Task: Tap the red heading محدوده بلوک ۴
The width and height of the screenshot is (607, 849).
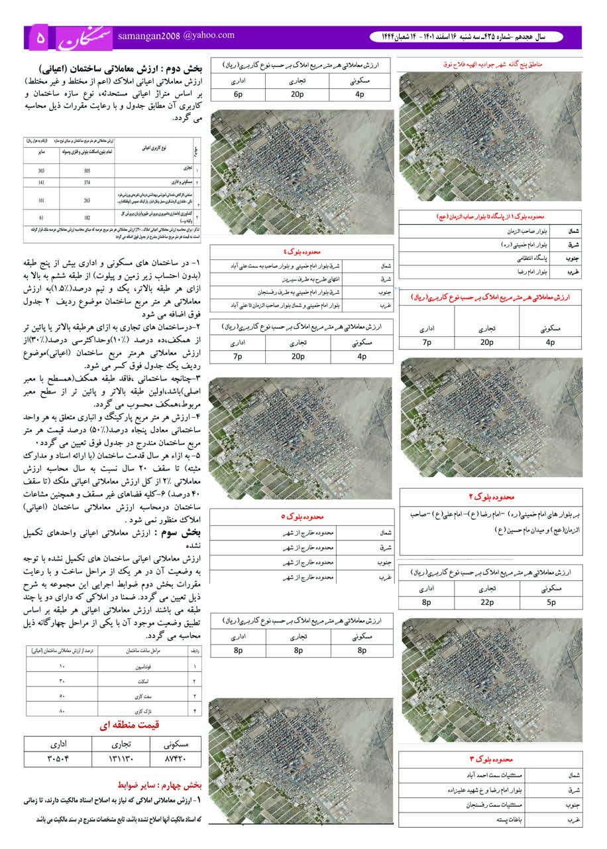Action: point(301,253)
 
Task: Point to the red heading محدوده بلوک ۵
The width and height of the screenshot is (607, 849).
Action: point(301,517)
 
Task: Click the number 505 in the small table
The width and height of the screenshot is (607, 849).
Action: point(86,170)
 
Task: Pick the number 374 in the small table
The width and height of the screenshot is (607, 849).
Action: point(86,182)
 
